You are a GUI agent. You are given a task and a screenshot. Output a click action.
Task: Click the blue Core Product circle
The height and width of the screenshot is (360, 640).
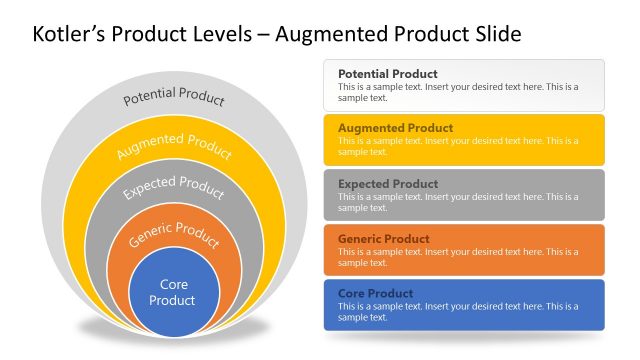tap(174, 292)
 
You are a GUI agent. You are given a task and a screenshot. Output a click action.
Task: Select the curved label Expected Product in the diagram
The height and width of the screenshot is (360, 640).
tap(174, 187)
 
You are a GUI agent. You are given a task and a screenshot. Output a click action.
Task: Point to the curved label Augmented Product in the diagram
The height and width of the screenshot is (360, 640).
tap(174, 146)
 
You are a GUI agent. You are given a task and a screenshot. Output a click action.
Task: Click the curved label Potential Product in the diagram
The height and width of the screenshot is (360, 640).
tap(174, 98)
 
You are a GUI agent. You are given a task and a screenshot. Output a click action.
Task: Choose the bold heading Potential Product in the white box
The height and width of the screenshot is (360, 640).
tap(387, 74)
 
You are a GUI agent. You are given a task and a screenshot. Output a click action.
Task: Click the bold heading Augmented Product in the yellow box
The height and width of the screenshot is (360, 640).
tap(395, 129)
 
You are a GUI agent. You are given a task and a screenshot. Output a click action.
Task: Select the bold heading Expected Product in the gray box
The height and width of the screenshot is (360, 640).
tap(388, 184)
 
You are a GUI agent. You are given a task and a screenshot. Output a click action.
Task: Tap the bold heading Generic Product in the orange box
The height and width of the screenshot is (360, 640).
tap(384, 239)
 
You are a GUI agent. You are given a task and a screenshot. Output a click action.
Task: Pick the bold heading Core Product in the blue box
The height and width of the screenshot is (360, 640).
tap(374, 294)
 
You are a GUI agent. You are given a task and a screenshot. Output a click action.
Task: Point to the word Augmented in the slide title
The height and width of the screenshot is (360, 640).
tap(326, 35)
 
